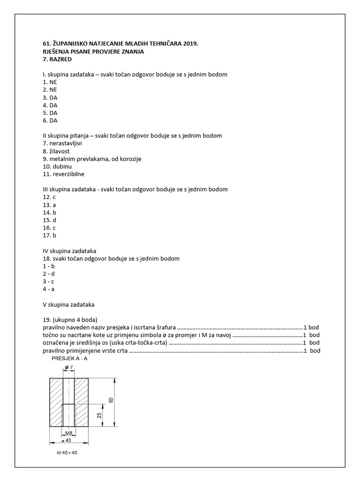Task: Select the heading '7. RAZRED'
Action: click(x=58, y=59)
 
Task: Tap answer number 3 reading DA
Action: click(x=50, y=98)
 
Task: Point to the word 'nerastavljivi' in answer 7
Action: click(x=66, y=143)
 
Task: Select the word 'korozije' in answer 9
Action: click(x=130, y=159)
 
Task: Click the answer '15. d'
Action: click(x=50, y=220)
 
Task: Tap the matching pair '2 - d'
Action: click(x=49, y=274)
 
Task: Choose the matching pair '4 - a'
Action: click(x=49, y=289)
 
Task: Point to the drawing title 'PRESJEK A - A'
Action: click(x=69, y=358)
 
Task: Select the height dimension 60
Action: click(x=111, y=400)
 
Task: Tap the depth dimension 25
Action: click(x=100, y=416)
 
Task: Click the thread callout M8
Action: click(x=68, y=433)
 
